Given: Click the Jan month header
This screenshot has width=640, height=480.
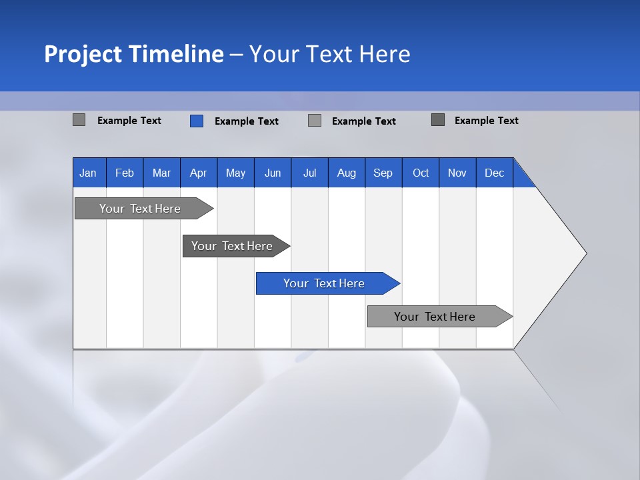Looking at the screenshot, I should click(89, 173).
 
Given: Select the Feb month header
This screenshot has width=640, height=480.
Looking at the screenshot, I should click(125, 173).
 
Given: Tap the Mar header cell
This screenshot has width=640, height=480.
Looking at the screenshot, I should click(161, 173).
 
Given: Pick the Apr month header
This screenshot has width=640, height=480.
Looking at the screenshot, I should click(199, 173).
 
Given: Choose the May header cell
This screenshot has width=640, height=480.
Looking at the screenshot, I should click(235, 173).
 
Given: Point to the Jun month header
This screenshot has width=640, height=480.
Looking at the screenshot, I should click(273, 173).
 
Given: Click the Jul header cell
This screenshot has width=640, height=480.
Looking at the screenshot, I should click(309, 173).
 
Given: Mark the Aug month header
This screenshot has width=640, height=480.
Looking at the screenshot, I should click(347, 173).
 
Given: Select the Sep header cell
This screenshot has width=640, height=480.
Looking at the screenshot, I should click(383, 173).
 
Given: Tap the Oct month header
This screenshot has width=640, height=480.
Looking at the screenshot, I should click(421, 173).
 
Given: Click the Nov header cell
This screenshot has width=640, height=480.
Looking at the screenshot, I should click(457, 173).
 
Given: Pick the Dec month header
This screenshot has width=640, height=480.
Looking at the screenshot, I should click(495, 173).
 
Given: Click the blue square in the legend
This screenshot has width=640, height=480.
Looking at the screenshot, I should click(197, 121).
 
